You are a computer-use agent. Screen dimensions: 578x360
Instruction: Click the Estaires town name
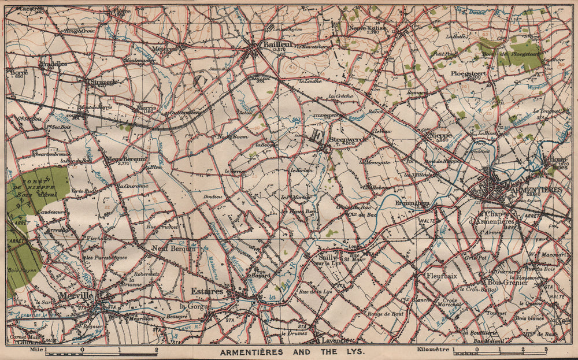[x=207, y=292]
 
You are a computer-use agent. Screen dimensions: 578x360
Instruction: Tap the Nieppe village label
[x=440, y=136]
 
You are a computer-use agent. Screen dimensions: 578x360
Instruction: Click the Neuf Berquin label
[x=171, y=248]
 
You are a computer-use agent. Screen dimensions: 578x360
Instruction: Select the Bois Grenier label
[x=508, y=283]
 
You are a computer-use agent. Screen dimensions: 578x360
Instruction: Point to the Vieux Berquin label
[x=127, y=159]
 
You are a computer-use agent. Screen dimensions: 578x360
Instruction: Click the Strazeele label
[x=105, y=82]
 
